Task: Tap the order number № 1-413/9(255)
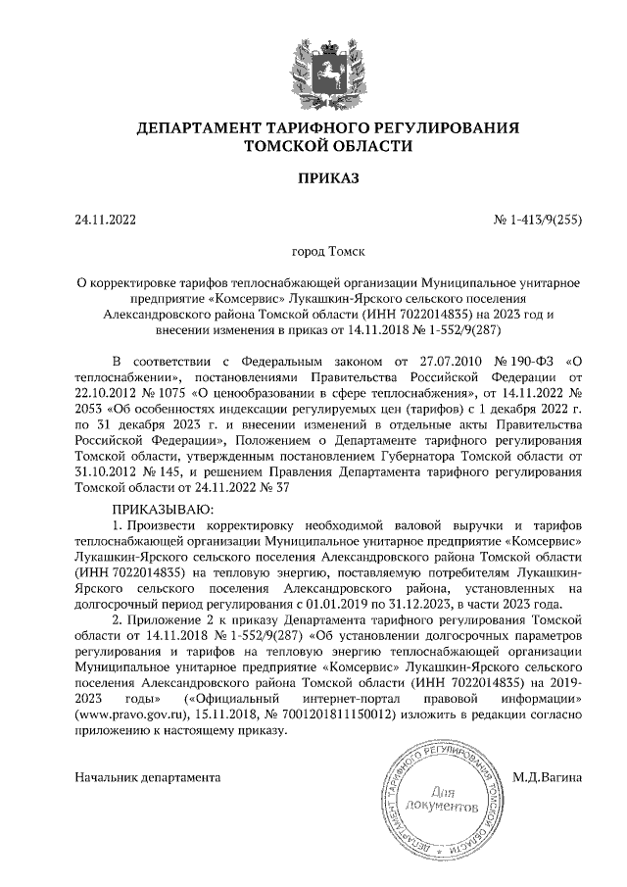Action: [537, 220]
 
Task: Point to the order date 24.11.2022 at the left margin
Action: [106, 220]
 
